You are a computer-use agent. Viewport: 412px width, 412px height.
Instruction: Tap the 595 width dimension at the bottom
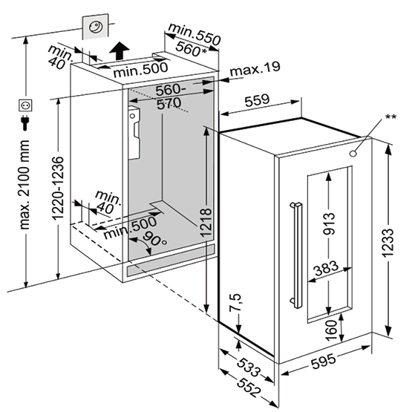324,362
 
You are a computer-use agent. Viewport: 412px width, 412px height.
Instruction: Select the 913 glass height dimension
330,223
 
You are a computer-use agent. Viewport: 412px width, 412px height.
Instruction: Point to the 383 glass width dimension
327,268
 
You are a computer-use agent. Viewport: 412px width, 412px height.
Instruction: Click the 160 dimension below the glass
331,330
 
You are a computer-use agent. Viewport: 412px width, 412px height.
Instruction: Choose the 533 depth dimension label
249,367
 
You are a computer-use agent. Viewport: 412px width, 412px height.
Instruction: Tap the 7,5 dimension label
235,303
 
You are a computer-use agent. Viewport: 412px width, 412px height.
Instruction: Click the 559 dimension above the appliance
258,100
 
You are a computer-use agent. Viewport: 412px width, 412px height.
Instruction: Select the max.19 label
255,68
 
